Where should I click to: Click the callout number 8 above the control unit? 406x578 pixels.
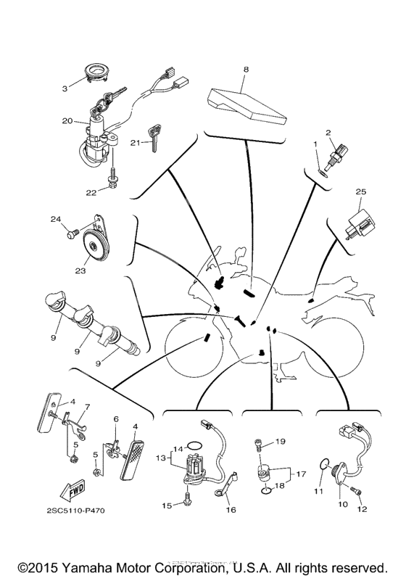245,69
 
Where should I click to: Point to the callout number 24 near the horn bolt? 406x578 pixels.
55,218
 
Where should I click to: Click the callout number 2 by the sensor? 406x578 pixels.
328,132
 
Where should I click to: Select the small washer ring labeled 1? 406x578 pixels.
322,173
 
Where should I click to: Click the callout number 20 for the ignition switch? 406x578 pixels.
66,121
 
